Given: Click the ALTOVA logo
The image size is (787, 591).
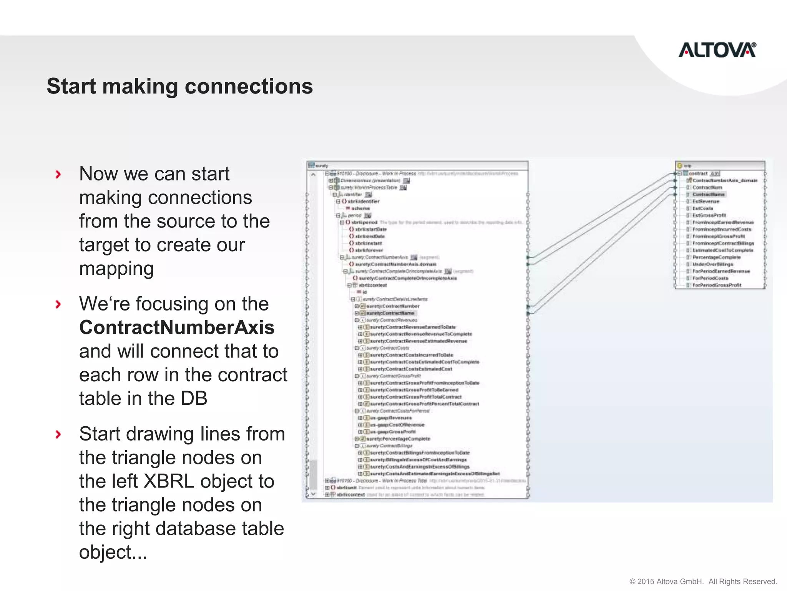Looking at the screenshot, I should (x=717, y=50).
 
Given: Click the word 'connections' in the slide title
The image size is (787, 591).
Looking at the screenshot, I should (x=249, y=86).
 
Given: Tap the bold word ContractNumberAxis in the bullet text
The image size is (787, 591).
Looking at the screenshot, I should (x=177, y=327).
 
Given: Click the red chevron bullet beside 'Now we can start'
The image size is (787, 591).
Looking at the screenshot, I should (x=58, y=174).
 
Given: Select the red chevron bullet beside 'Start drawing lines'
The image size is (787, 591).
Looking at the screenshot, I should (x=58, y=434).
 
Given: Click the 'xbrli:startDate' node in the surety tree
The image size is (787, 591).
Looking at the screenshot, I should (x=371, y=229).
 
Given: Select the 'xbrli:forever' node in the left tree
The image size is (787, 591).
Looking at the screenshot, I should (x=369, y=250).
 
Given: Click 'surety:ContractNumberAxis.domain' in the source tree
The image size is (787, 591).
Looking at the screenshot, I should (x=395, y=264).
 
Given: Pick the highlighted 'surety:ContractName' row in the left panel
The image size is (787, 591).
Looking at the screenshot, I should (x=390, y=313).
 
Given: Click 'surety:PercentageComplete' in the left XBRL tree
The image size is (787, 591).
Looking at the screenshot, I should (x=398, y=439).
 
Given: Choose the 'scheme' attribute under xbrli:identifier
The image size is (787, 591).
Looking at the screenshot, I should (x=360, y=208).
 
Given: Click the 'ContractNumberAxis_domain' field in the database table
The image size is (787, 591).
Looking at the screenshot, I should (x=725, y=180).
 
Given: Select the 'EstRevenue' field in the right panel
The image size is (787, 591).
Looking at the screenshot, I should (x=706, y=201).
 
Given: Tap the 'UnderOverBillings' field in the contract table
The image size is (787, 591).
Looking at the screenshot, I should (x=713, y=264).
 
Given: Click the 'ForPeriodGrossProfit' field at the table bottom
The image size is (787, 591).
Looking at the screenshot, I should (x=717, y=285).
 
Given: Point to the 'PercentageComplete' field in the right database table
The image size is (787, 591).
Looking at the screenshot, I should (x=716, y=257).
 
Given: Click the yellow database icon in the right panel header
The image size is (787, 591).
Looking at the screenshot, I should (x=679, y=166).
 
